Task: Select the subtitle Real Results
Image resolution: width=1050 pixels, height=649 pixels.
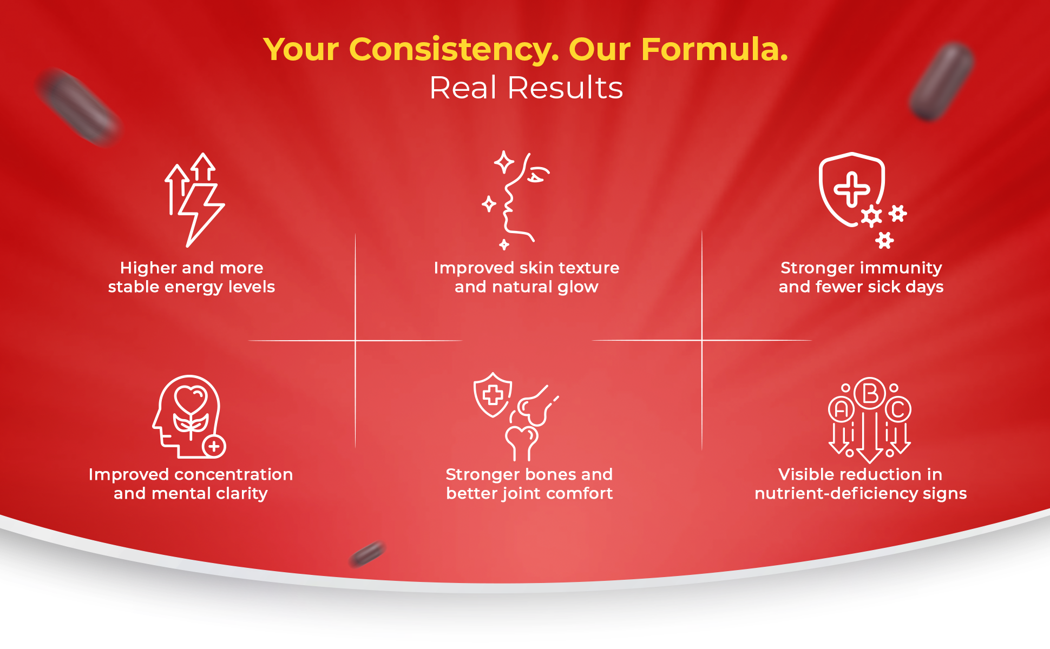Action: [x=526, y=88]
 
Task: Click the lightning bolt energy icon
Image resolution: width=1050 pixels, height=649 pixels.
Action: [x=199, y=214]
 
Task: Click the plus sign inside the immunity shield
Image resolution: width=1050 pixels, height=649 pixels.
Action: [x=851, y=189]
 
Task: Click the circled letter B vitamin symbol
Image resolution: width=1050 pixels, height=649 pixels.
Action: [x=870, y=394]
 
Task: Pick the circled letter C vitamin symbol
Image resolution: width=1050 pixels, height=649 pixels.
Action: [x=898, y=410]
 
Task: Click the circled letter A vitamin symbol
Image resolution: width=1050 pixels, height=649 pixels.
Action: [x=841, y=410]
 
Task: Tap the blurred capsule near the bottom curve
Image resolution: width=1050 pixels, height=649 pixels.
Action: [x=367, y=554]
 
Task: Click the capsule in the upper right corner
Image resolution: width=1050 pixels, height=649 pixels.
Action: [x=941, y=81]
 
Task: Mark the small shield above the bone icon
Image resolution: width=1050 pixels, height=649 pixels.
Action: [x=493, y=395]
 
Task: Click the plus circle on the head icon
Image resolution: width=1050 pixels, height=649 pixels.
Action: [x=214, y=447]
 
